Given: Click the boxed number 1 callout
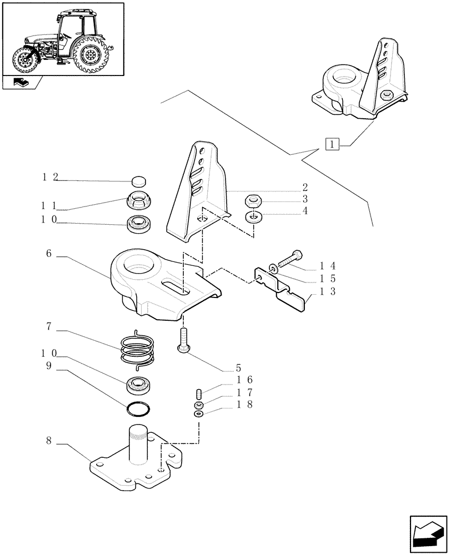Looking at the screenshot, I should [332, 145].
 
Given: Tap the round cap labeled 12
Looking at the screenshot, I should [138, 181].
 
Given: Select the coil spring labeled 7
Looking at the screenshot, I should [137, 347].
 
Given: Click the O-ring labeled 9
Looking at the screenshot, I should [137, 410].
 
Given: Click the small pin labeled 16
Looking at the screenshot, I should [199, 395].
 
